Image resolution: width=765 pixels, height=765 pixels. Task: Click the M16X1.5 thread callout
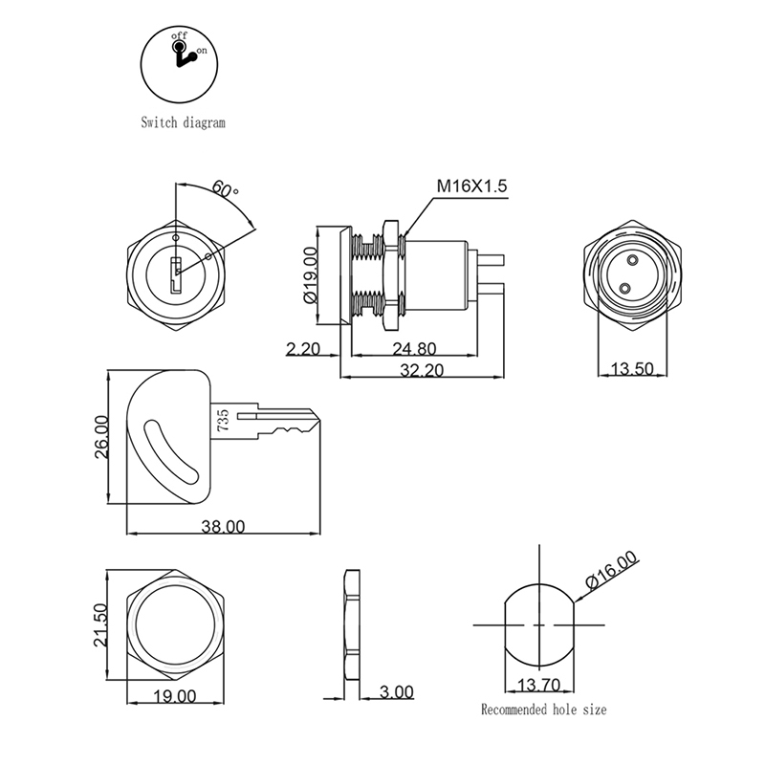point(471,186)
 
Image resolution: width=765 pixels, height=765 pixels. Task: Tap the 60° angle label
point(225,189)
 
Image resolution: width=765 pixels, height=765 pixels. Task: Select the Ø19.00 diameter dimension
point(311,275)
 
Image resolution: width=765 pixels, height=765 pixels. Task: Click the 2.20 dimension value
point(303,349)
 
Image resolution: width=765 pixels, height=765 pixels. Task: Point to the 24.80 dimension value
point(414,349)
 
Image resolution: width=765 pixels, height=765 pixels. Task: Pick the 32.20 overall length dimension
point(422,370)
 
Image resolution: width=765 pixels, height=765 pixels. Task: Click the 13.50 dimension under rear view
point(632,368)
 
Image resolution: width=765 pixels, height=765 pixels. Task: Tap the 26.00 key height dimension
point(101,437)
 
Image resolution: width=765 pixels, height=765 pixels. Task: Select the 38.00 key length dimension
point(223,527)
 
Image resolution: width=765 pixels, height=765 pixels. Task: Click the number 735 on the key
point(223,420)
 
